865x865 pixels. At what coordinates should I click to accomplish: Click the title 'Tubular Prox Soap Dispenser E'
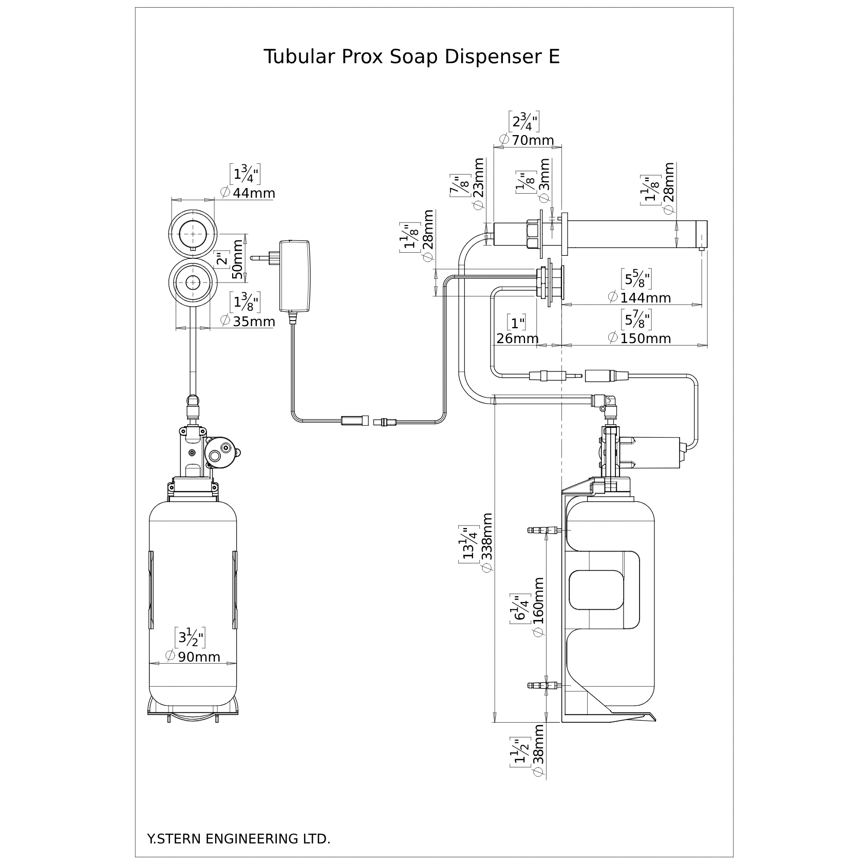coord(411,57)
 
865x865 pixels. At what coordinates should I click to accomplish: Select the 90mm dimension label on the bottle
coord(199,656)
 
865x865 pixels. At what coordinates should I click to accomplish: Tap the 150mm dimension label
coord(645,339)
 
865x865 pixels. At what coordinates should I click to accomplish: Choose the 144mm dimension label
coord(645,297)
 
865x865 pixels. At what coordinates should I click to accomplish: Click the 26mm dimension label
coord(517,339)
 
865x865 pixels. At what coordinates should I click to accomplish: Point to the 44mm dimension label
coord(254,193)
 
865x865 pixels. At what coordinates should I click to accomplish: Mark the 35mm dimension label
coord(254,322)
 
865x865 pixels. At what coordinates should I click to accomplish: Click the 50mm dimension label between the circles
coord(237,259)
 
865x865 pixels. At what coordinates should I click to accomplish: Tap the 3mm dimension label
coord(544,175)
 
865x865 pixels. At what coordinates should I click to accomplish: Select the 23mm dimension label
coord(478,177)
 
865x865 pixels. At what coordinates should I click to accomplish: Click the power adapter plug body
coord(295,276)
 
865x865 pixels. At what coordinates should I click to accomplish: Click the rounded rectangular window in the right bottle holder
coord(596,590)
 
